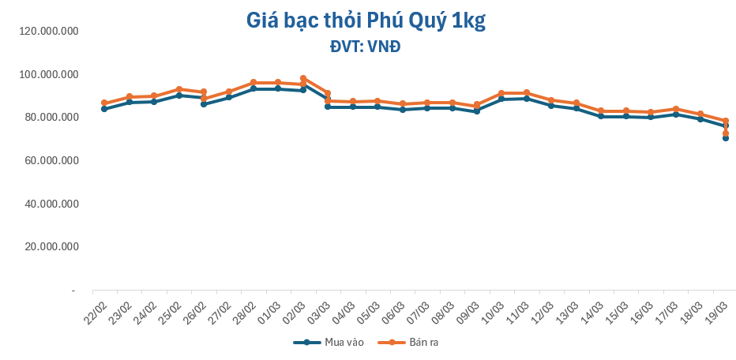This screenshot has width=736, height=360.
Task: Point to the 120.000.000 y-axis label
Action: click(49, 31)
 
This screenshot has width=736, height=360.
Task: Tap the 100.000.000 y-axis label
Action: click(49, 74)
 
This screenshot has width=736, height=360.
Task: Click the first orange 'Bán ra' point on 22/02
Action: click(104, 103)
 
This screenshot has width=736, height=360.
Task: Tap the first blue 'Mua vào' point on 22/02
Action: click(104, 109)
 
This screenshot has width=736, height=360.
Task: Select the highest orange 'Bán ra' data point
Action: click(303, 78)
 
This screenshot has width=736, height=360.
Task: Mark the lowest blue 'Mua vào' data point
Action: click(726, 138)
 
